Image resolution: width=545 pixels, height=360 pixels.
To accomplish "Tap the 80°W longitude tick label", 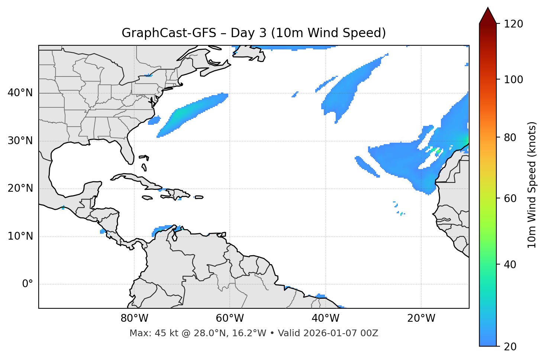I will pyautogui.click(x=134, y=318).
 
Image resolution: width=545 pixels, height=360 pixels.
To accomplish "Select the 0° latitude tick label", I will pyautogui.click(x=27, y=284).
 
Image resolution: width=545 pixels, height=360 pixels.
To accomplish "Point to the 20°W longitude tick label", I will pyautogui.click(x=421, y=318).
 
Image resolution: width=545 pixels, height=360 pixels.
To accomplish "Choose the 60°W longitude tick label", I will pyautogui.click(x=230, y=318).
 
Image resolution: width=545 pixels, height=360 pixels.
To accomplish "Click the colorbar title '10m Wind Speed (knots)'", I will pyautogui.click(x=532, y=185).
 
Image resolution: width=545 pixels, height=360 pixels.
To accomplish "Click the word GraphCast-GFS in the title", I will pyautogui.click(x=169, y=33).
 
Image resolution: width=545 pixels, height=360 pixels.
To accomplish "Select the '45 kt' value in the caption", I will pyautogui.click(x=162, y=333).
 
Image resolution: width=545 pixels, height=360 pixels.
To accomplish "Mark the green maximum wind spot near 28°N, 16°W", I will pyautogui.click(x=438, y=151).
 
